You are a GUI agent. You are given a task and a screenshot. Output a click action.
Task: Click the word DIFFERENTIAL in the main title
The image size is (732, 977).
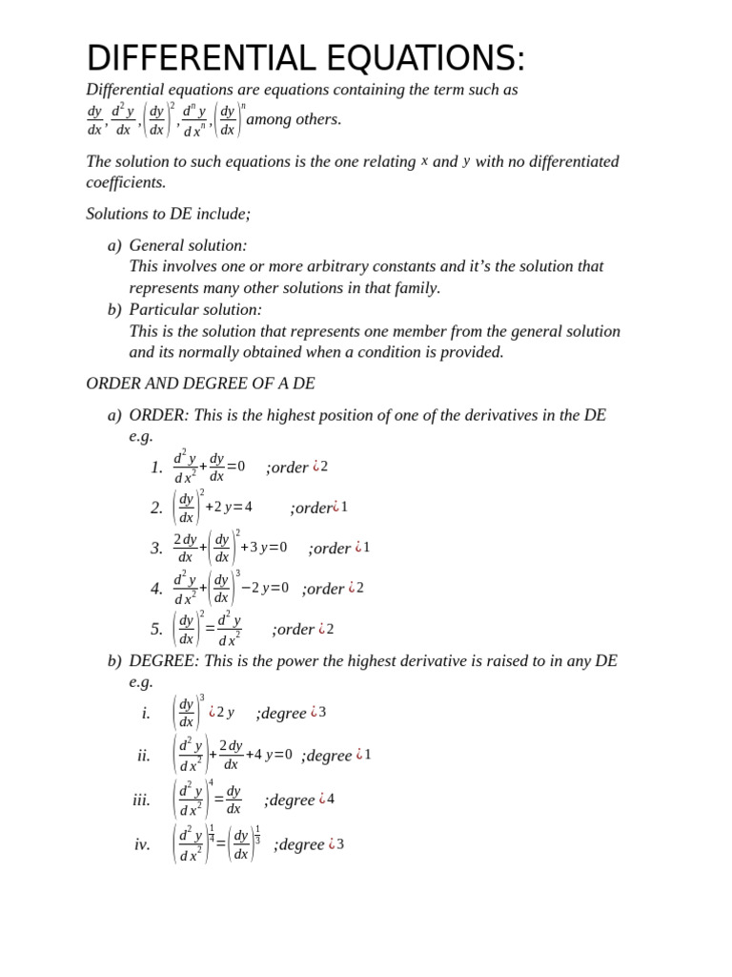tap(202, 59)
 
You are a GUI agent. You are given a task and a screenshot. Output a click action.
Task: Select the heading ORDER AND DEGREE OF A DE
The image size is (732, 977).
tap(200, 384)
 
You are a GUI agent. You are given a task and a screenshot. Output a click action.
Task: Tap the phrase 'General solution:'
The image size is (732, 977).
tap(188, 245)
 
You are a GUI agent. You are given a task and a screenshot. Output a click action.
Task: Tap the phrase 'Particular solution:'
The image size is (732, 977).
tap(195, 310)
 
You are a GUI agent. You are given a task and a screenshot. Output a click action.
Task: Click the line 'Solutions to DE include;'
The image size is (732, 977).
tap(168, 214)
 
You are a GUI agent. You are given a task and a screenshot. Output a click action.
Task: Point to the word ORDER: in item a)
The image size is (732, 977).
tap(159, 415)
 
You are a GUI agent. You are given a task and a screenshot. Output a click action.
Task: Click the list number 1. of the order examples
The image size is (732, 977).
tap(157, 468)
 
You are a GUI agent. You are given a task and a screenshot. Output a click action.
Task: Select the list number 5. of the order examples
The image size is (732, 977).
tap(157, 630)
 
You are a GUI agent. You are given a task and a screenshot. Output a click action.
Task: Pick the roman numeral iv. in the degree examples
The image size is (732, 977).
tap(142, 844)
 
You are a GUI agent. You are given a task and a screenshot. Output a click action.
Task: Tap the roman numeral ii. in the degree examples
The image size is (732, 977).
tap(144, 756)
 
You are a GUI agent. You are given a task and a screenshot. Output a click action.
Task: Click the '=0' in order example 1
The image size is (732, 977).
tap(235, 467)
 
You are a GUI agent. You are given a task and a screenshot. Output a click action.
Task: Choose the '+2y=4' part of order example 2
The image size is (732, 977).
tap(229, 508)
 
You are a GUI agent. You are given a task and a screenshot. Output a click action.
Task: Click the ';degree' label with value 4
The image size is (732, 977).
tap(290, 800)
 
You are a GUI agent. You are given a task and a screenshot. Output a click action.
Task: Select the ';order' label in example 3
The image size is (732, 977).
tap(330, 549)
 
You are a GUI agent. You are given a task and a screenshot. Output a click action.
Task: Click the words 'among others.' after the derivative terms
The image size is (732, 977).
tap(294, 119)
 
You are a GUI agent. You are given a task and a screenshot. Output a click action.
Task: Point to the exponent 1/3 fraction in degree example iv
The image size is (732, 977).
tap(257, 834)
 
